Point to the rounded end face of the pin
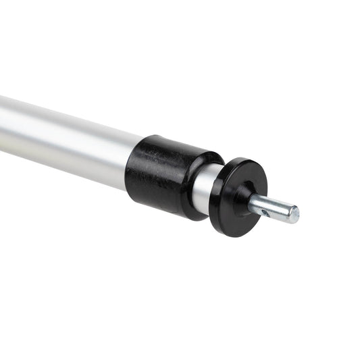(293, 215)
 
